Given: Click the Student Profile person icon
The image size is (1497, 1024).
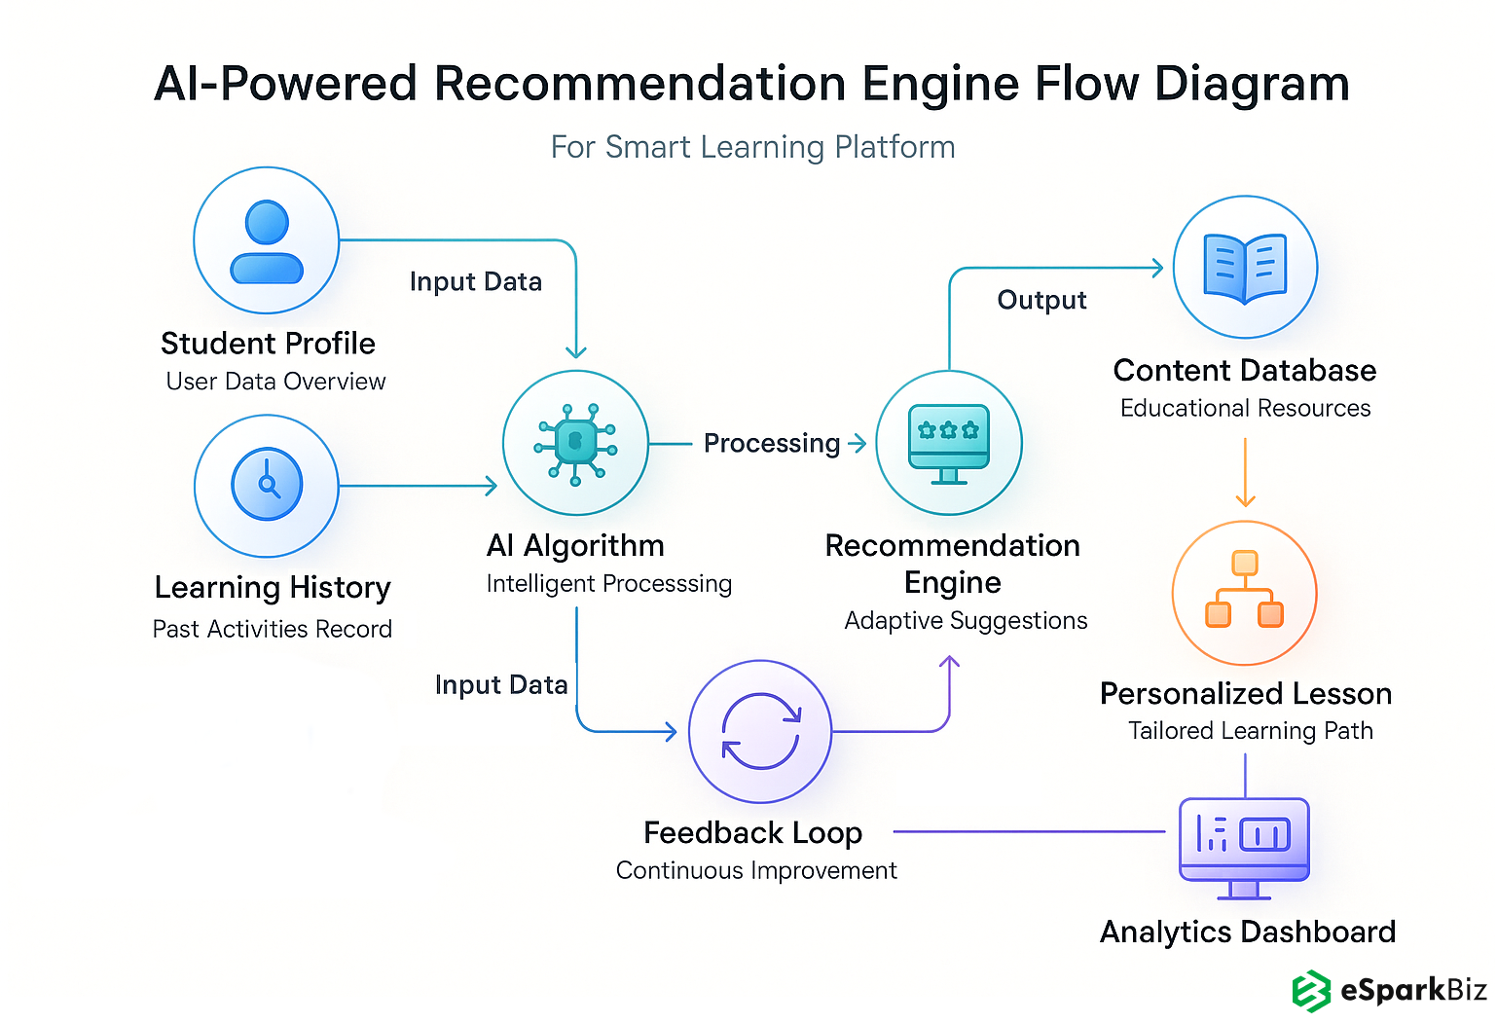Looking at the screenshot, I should tap(267, 240).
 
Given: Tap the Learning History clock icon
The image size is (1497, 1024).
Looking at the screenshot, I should tap(267, 485).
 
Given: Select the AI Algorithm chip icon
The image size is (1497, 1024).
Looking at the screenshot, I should tap(575, 443).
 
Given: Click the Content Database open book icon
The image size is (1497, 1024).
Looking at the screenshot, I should tap(1245, 268).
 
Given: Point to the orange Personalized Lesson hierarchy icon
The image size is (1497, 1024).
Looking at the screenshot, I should tap(1245, 592).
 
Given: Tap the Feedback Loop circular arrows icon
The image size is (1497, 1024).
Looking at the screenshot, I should tap(760, 731).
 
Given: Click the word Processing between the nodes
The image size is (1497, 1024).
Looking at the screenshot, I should tap(772, 444).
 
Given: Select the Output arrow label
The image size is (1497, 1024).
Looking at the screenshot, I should tap(1041, 300).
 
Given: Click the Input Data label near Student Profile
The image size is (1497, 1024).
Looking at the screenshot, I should tap(475, 282).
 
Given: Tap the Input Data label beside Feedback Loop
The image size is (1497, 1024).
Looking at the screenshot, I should tap(501, 685).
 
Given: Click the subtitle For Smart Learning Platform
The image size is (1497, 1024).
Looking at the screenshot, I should tap(752, 147).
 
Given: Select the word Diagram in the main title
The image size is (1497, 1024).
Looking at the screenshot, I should tap(1252, 85).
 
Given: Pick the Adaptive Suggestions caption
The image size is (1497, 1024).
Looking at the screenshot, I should tap(966, 621).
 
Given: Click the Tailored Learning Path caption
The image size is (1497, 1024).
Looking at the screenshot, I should tap(1250, 731).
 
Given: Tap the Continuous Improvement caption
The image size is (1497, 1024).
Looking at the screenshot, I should tap(756, 870).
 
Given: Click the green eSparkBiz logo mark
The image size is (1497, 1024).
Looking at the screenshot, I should tap(1310, 991).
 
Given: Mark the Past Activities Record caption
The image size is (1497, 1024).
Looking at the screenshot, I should tap(273, 630).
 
